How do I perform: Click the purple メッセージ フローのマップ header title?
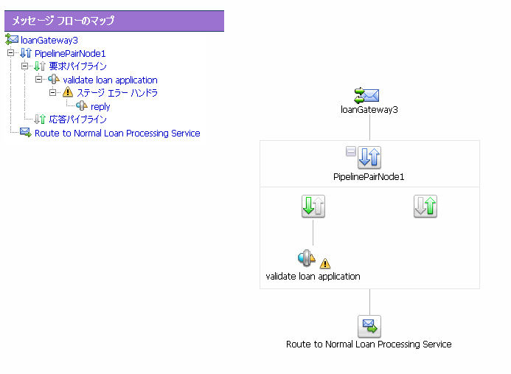click(x=63, y=21)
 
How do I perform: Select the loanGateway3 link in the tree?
click(x=49, y=40)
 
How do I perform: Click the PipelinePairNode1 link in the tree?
click(x=70, y=53)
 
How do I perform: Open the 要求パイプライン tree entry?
click(x=77, y=66)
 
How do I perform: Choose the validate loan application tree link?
click(x=110, y=80)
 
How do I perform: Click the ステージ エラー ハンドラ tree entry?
click(x=117, y=93)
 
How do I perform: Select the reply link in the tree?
click(x=100, y=107)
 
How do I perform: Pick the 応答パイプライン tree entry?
click(x=77, y=120)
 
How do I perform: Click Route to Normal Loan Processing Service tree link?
click(x=117, y=133)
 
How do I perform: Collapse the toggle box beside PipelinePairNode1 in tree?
click(x=11, y=53)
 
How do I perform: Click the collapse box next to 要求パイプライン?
click(x=25, y=66)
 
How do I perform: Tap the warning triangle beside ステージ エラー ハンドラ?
click(x=68, y=92)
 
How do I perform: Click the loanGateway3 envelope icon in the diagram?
click(x=366, y=96)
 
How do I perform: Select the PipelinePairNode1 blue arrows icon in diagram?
click(x=369, y=157)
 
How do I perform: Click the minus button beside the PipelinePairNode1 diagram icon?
click(x=351, y=151)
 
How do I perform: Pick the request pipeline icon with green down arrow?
click(x=313, y=207)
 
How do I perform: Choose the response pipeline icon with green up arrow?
click(x=425, y=207)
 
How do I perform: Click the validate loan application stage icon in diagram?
click(x=306, y=258)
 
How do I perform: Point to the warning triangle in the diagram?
click(x=325, y=263)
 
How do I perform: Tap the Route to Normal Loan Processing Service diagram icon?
click(x=369, y=326)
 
